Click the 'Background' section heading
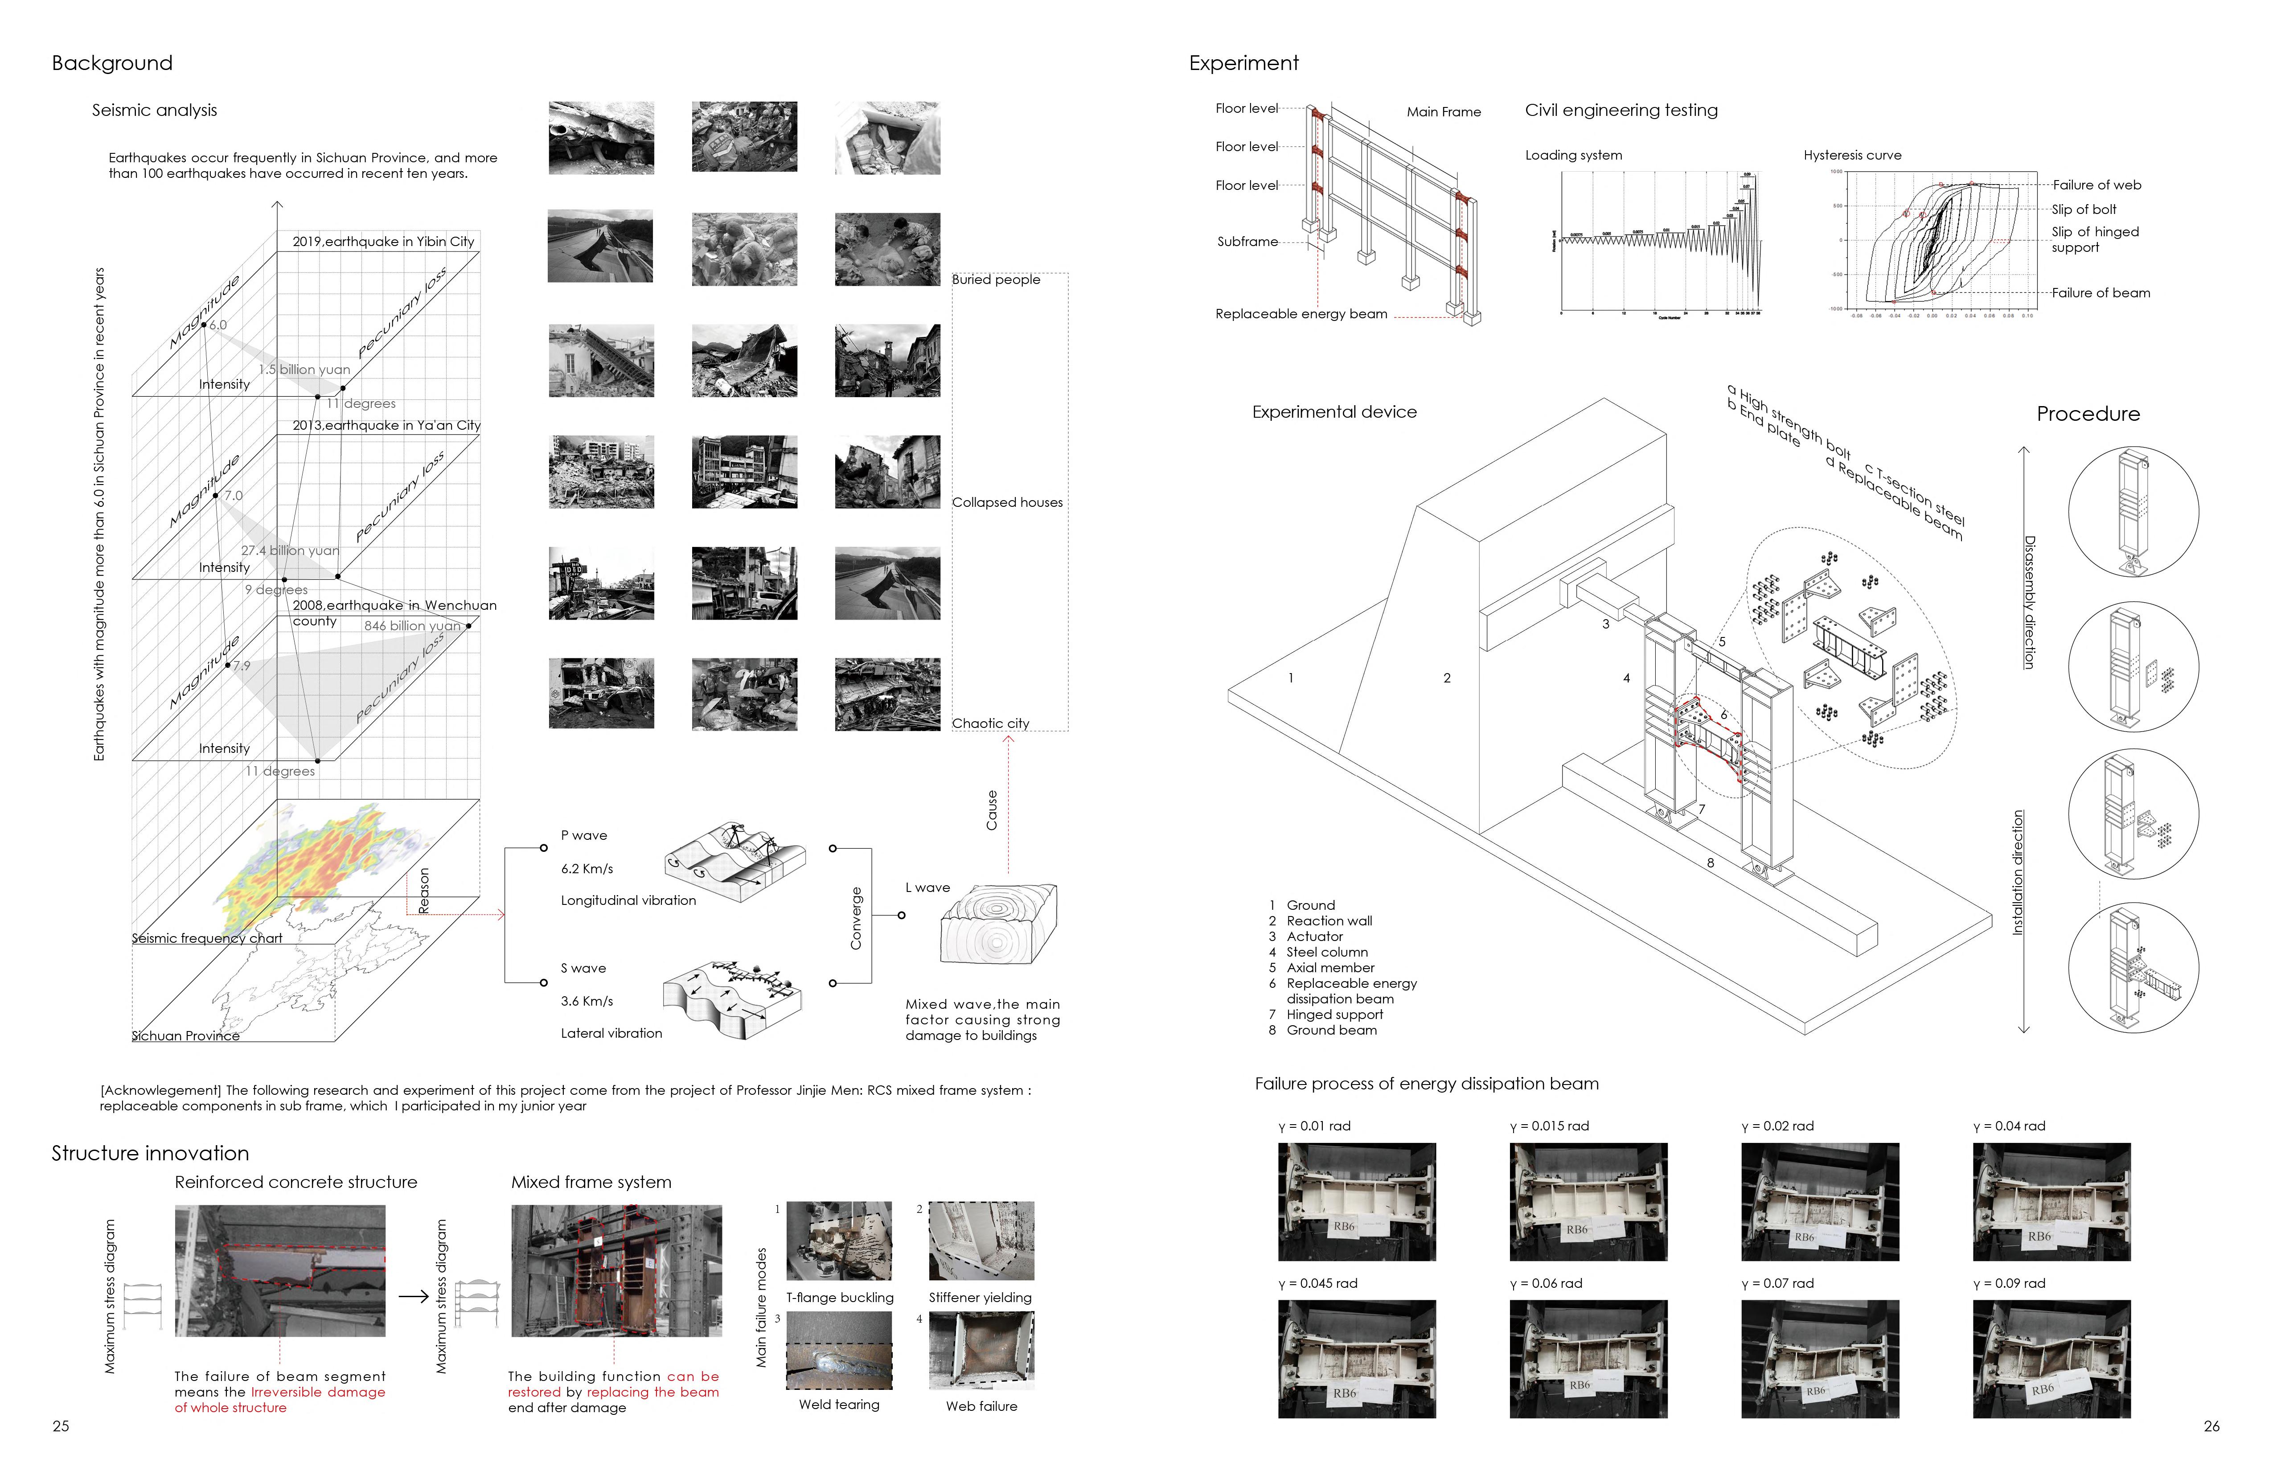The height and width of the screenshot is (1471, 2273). [x=112, y=63]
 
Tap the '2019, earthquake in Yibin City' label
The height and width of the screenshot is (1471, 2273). [x=383, y=242]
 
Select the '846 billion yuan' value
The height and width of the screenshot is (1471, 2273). [x=412, y=626]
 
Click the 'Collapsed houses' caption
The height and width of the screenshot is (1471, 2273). [x=1007, y=502]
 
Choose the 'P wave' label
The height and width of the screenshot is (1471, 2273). [x=583, y=835]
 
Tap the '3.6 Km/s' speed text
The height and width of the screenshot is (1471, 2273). [x=587, y=1001]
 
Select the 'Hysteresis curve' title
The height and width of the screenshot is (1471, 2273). [x=1852, y=155]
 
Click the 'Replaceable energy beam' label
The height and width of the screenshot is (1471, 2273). [x=1301, y=313]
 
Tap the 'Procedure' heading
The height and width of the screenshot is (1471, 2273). [x=2088, y=414]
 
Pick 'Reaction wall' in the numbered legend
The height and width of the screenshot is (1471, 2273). [x=1329, y=921]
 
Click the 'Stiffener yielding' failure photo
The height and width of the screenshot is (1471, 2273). [x=981, y=1240]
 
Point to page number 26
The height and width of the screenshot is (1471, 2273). [x=2211, y=1426]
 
